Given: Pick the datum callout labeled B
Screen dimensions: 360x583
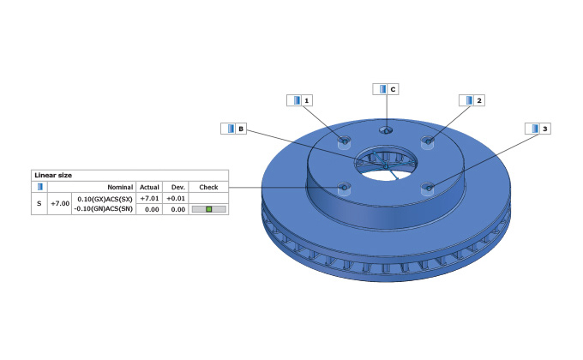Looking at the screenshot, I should pos(234,129).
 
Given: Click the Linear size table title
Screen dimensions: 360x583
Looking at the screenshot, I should pos(53,175).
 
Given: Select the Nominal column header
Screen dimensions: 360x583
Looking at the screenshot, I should pos(118,186).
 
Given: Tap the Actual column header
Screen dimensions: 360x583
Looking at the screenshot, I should pos(149,186).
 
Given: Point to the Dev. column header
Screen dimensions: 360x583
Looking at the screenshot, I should pos(177,186).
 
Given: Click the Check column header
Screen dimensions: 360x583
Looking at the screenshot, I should pos(208,186).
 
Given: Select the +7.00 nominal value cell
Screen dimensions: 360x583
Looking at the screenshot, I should pos(60,204).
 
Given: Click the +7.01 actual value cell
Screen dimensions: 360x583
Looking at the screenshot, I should pos(149,198).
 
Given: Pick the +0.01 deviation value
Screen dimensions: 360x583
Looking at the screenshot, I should pos(177,198).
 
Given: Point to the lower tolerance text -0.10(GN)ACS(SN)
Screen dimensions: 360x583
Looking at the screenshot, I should pos(103,208).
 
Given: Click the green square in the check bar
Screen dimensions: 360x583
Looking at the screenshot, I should pos(208,209).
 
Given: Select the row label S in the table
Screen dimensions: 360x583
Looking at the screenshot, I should pos(39,204).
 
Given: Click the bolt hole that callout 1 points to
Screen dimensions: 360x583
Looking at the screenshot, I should pos(344,141).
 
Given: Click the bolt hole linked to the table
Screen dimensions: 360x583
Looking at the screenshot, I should pos(344,187).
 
